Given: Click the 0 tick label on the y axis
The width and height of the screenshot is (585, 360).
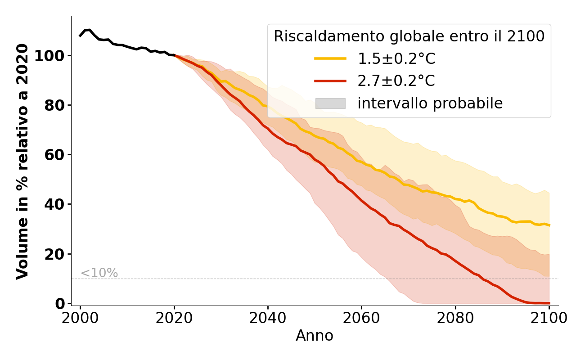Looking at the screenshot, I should pos(60,304).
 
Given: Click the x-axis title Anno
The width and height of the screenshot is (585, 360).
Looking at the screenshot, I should pos(315,336).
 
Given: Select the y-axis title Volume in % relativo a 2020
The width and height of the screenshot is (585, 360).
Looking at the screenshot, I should pos(22,161).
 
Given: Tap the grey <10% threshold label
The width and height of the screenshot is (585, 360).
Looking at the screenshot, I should pos(99,273).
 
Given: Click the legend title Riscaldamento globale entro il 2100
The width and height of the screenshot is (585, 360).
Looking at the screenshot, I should pos(409,36).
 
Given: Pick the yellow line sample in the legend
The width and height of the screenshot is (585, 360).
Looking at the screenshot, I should pos(330,58).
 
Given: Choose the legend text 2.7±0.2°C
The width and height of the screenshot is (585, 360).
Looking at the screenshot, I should pos(396,81).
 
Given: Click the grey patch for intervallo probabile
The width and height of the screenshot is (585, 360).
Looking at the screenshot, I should pos(330,103).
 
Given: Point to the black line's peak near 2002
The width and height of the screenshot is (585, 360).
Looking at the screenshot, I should pos(90,30).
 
